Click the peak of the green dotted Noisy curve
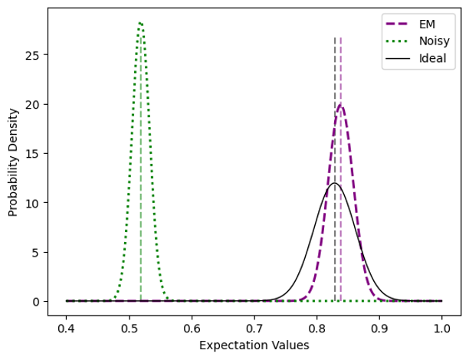tap(140, 22)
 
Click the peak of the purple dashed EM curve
tap(340, 106)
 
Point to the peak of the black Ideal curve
tap(334, 183)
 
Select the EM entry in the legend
tap(428, 25)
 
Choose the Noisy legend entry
tap(434, 41)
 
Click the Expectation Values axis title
tap(254, 345)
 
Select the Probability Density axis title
tap(13, 162)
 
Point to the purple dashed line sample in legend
tap(400, 25)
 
